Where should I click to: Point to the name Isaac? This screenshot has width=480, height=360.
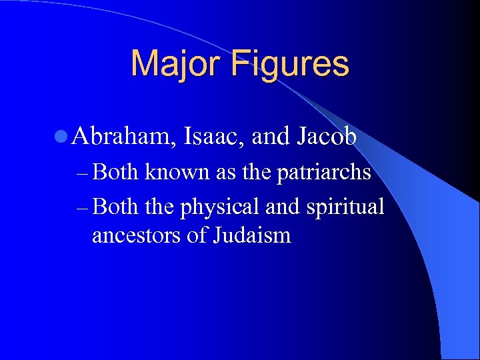pos(212,137)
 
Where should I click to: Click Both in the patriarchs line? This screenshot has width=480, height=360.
pos(116,173)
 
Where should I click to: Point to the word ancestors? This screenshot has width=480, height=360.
pos(137,235)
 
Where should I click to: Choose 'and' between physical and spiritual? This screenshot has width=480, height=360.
pos(283,207)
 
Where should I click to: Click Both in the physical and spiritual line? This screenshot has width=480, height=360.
pos(116,207)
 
